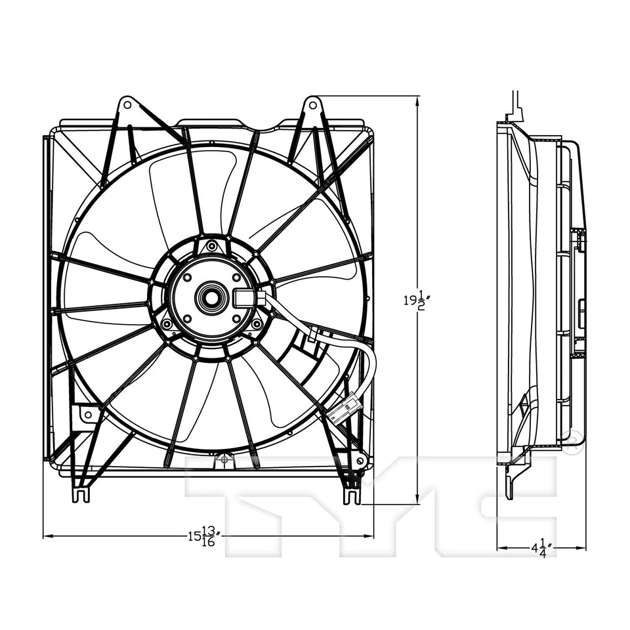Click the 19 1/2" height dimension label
pos(414,301)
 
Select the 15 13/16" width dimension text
pos(203,536)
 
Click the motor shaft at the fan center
pos(211,297)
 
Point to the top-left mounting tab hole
pos(127,104)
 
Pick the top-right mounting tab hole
pos(313,104)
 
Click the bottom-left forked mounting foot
pos(80,492)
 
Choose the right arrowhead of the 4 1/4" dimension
pos(583,547)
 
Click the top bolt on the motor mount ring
pos(211,246)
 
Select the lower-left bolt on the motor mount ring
pos(167,324)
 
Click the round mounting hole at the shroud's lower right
pos(360,461)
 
